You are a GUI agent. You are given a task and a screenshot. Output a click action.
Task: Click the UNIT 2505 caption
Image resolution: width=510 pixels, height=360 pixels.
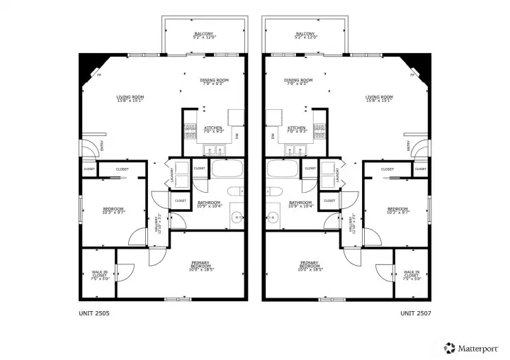(x=93, y=312)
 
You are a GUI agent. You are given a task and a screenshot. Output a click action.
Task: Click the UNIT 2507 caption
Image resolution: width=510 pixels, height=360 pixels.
(x=416, y=312)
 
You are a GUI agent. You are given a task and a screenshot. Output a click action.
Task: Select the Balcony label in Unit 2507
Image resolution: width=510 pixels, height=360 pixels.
(x=305, y=35)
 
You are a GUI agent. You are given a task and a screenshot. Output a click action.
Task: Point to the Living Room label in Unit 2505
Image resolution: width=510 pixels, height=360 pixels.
(x=130, y=99)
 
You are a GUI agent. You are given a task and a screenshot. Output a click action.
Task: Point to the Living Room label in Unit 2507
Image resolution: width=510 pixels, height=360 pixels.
(x=379, y=99)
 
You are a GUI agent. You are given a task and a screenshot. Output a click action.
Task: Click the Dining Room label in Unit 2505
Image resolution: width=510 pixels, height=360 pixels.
(x=214, y=82)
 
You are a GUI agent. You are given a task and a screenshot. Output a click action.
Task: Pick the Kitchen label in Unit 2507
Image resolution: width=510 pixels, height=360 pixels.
(x=297, y=130)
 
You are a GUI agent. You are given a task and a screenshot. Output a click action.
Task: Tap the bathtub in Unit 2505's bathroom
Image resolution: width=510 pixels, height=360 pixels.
(x=227, y=170)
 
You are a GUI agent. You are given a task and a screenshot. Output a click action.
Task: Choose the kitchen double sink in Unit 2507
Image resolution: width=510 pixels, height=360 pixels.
(x=297, y=150)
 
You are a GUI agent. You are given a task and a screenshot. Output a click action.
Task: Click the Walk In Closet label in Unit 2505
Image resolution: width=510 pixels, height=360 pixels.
(x=99, y=275)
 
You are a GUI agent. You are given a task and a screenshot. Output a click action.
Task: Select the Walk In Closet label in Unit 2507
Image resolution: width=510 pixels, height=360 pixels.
(x=411, y=275)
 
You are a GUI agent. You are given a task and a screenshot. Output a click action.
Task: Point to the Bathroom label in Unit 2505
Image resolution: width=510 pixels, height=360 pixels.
(x=209, y=204)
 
